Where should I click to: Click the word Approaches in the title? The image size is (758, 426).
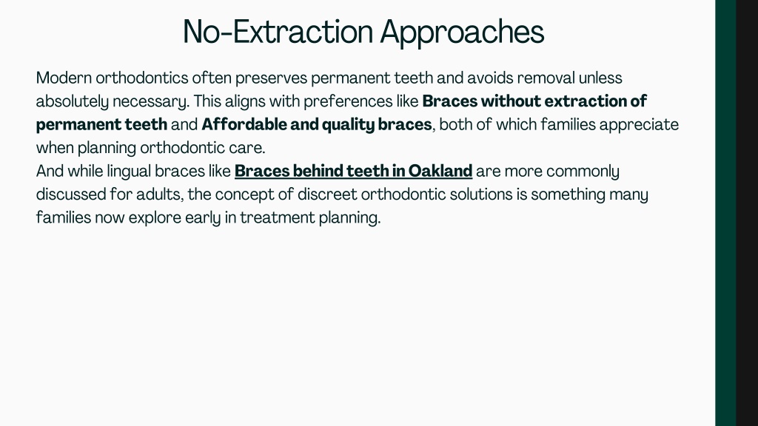462,33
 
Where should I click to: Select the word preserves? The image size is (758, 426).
271,78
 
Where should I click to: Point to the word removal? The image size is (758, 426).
546,78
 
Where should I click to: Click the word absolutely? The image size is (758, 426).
72,101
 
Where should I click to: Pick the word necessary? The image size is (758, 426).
151,102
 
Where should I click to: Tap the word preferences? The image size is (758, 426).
348,101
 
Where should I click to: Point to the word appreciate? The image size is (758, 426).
639,125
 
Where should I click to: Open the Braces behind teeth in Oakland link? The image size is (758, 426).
353,171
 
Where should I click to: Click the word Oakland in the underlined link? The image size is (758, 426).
440,171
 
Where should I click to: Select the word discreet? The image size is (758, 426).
327,195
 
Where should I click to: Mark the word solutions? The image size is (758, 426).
481,195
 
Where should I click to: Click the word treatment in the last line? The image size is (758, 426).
278,218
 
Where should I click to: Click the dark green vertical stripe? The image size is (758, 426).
725,213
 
